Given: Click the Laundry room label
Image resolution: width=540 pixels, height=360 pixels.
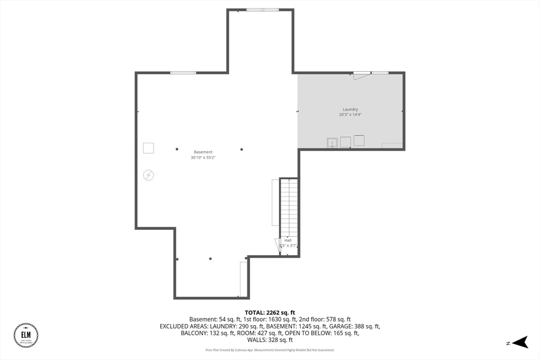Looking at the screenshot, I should (350, 109).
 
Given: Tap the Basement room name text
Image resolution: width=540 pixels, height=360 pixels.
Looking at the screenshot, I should (203, 152).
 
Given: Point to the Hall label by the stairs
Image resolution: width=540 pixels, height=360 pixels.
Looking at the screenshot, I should (288, 240).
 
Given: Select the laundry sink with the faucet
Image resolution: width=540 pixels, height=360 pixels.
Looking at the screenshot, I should (332, 142).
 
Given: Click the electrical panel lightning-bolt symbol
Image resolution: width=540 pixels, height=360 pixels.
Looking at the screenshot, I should (149, 175).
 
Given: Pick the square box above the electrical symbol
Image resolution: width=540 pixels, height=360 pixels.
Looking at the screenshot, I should (149, 148).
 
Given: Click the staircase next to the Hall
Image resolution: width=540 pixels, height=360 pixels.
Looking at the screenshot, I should (288, 208).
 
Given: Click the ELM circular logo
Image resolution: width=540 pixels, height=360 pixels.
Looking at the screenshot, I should (26, 335).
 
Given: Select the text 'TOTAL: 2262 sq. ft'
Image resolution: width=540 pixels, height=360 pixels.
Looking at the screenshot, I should (269, 313).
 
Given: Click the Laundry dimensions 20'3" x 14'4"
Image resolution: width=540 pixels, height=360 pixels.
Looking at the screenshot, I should (350, 114).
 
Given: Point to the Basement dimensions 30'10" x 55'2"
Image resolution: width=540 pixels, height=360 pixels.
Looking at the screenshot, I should (203, 157).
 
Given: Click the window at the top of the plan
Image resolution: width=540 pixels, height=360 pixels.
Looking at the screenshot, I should (263, 9).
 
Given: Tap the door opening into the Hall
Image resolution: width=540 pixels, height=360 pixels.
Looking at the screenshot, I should (278, 245).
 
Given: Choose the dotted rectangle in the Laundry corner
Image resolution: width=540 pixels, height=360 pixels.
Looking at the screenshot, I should (392, 145).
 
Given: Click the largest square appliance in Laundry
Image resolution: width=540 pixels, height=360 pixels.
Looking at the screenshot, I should (359, 141).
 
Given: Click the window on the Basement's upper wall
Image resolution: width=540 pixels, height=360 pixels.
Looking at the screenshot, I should (183, 72).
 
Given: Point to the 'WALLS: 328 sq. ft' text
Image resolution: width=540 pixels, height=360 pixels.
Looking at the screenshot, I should (269, 340).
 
